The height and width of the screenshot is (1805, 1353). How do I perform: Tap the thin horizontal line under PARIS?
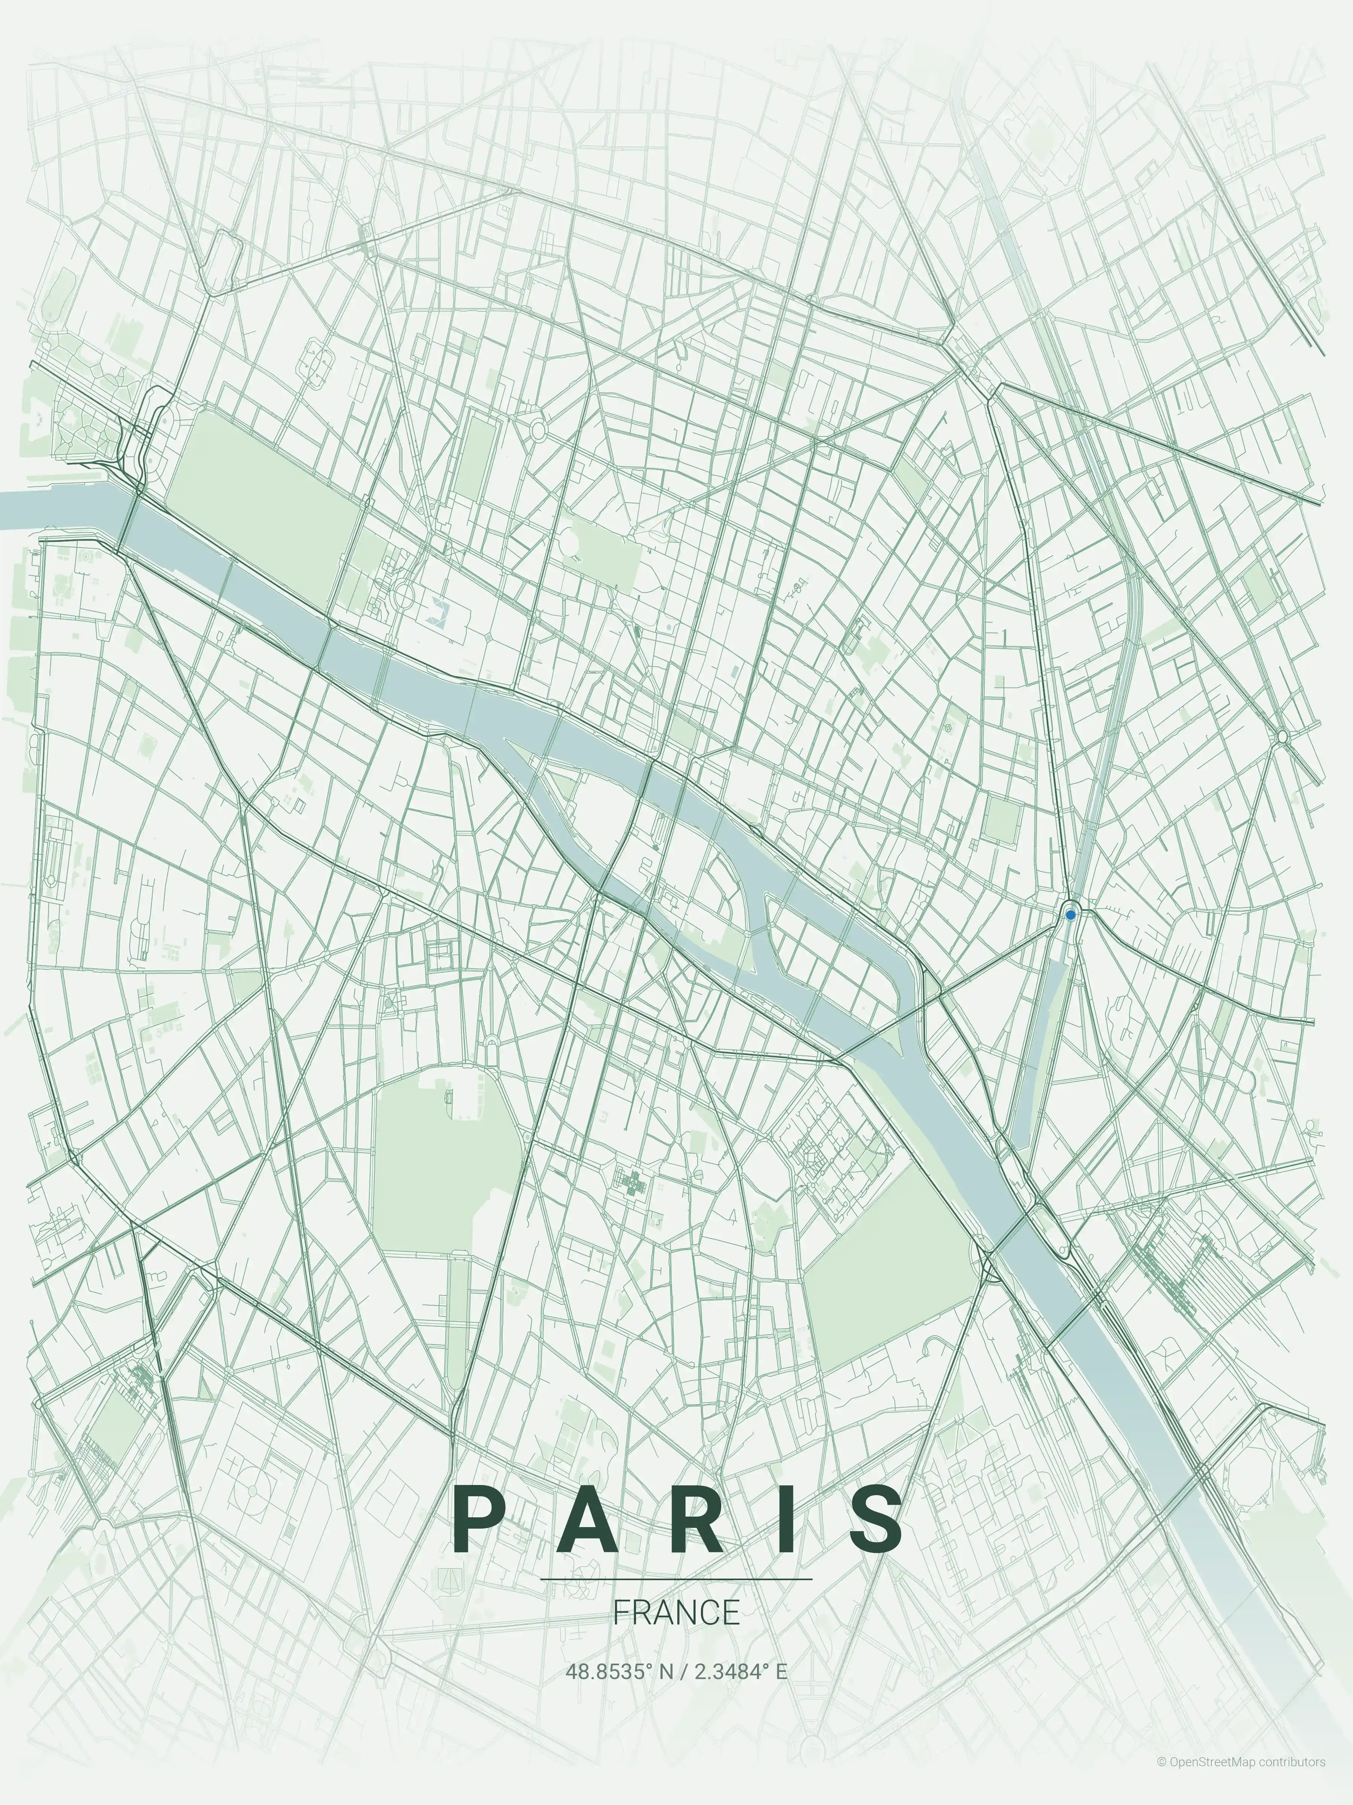[676, 1579]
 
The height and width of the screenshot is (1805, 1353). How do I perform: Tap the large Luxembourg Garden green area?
[445, 1167]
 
